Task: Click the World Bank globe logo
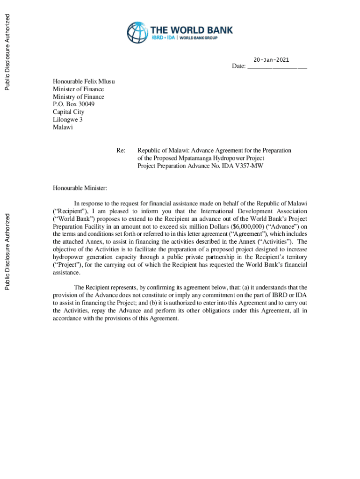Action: click(x=137, y=32)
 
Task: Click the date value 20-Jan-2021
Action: click(x=271, y=60)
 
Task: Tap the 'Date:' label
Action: click(x=239, y=66)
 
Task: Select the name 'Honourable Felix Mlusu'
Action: click(x=84, y=81)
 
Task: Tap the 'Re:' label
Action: click(x=121, y=151)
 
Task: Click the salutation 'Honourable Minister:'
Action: click(x=80, y=189)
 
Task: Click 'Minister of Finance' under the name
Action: click(x=78, y=89)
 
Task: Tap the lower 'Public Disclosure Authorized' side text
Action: click(x=7, y=251)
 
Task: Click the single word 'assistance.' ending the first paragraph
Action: click(x=66, y=272)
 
